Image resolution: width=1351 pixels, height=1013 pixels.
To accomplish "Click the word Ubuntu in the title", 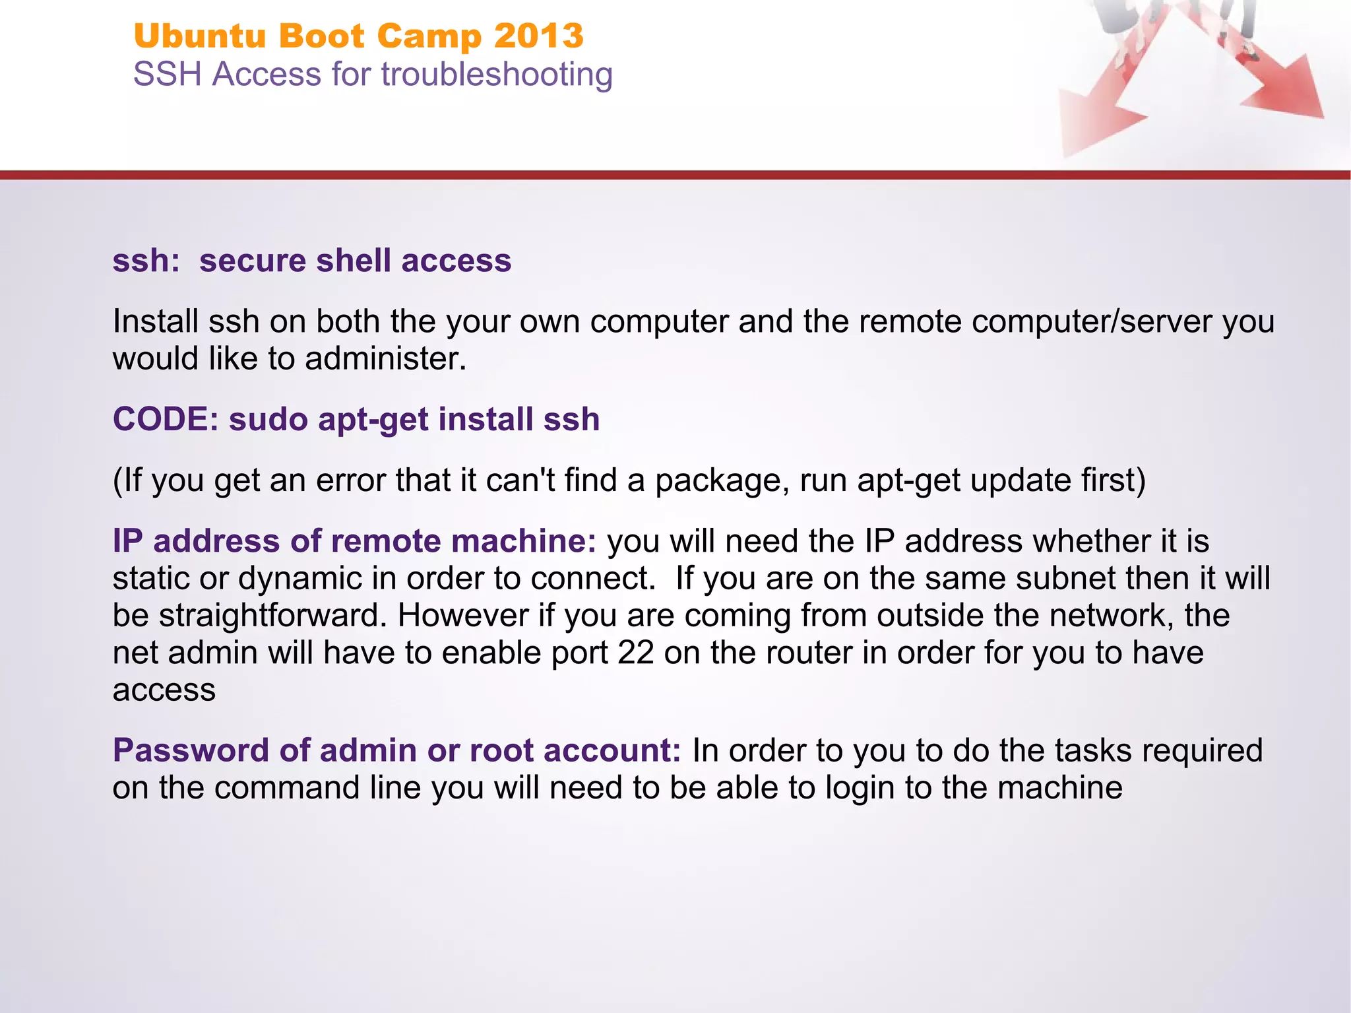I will tap(199, 36).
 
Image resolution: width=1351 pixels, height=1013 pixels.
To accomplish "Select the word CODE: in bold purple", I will tap(166, 419).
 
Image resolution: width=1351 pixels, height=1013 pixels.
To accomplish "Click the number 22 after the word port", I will tap(636, 653).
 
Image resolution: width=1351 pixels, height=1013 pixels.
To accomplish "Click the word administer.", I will tap(385, 359).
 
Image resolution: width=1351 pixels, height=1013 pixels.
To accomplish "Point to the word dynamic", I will tap(299, 578).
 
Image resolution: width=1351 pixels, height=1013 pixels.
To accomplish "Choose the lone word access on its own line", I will tap(164, 690).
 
